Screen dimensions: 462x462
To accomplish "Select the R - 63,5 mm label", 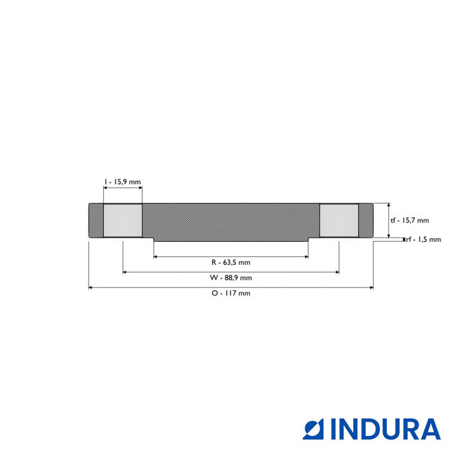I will pos(231,262).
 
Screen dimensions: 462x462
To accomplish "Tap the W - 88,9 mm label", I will pos(231,278).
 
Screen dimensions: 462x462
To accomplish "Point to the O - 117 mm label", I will pos(231,294).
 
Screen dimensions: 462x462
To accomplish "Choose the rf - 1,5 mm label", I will pos(424,240).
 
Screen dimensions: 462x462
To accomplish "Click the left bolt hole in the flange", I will pos(123,220).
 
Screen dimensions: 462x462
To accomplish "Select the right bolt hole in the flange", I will pos(339,220).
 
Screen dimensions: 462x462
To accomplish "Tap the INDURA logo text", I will pos(385,429).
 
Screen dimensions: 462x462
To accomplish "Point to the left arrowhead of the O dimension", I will pos(90,287).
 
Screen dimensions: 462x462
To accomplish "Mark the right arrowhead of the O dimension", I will pos(372,287).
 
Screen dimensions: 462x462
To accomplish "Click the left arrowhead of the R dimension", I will pos(156,256).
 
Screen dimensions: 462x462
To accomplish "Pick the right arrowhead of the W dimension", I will pos(337,272).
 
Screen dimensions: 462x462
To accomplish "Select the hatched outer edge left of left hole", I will pos(95,220).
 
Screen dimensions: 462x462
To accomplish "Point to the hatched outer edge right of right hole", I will pos(366,220).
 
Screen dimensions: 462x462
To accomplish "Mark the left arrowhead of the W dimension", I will pos(125,272).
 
